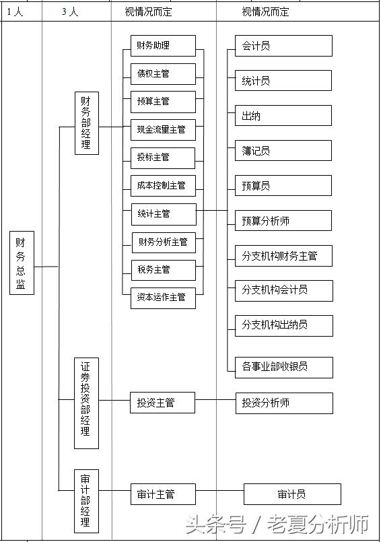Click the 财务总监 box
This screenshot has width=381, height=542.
22,263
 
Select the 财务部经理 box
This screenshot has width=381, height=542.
86,123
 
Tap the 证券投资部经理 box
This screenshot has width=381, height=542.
86,403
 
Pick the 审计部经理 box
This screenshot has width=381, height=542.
86,501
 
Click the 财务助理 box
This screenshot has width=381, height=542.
163,46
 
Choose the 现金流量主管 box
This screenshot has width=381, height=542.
163,129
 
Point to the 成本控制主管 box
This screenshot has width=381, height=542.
163,185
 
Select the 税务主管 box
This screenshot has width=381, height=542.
163,269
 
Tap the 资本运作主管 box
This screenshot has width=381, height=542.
163,297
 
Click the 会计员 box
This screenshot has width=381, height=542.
283,46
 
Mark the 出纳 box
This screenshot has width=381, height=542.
283,115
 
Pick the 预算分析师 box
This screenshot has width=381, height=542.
283,220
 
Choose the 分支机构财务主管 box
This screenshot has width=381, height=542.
283,255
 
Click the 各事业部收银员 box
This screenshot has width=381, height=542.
283,366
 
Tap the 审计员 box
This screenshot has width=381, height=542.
292,494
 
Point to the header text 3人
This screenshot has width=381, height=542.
70,12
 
